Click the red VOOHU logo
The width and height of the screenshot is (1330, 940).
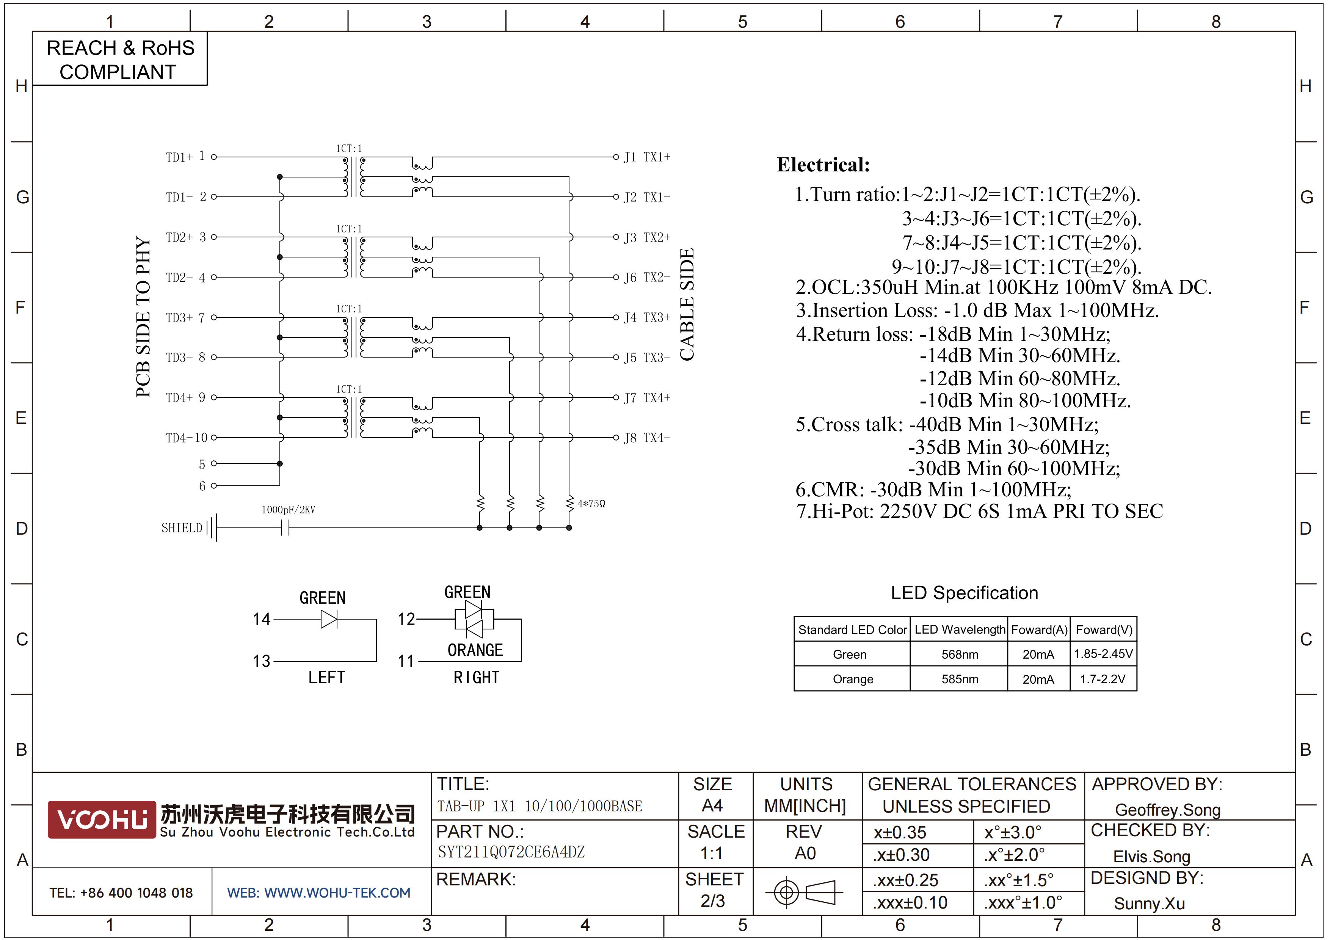pyautogui.click(x=102, y=819)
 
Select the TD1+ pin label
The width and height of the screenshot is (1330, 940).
pyautogui.click(x=179, y=157)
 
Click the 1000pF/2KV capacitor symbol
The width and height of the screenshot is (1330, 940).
pyautogui.click(x=285, y=527)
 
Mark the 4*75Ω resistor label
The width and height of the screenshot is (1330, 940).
pyautogui.click(x=591, y=504)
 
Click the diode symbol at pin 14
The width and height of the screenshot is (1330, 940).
pyautogui.click(x=329, y=620)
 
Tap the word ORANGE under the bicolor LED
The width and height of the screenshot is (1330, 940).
pyautogui.click(x=475, y=650)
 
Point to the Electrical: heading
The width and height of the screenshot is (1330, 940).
pyautogui.click(x=823, y=165)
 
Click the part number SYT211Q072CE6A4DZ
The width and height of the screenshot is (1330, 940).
pyautogui.click(x=511, y=852)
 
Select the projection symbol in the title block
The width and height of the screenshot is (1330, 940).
pyautogui.click(x=804, y=892)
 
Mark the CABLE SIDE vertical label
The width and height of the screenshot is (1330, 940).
pyautogui.click(x=687, y=304)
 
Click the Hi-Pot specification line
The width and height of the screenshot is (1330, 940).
pyautogui.click(x=980, y=512)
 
